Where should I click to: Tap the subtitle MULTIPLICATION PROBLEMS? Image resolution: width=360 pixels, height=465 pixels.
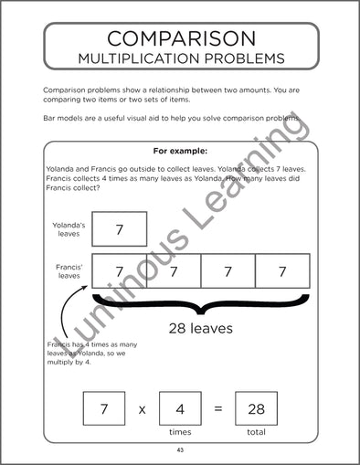(180, 59)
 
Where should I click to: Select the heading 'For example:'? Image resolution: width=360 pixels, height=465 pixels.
(180, 151)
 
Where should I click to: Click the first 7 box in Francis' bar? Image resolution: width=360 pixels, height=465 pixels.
(119, 271)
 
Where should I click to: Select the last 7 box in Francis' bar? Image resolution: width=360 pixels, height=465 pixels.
(282, 271)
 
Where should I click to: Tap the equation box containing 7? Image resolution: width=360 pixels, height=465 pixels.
(104, 408)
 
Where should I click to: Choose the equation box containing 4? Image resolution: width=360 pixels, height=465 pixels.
(180, 408)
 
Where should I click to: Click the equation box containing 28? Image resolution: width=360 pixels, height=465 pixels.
(256, 408)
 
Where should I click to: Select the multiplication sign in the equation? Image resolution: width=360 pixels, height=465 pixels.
(142, 409)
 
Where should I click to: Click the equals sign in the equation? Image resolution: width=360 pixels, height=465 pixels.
(217, 409)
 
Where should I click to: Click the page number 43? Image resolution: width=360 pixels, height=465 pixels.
(180, 450)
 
